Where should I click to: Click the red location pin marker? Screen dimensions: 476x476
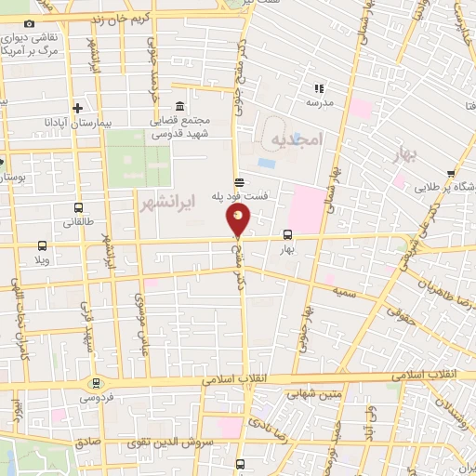pyautogui.click(x=239, y=220)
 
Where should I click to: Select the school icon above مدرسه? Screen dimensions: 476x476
pyautogui.click(x=319, y=89)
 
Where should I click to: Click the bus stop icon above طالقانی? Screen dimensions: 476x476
pyautogui.click(x=76, y=208)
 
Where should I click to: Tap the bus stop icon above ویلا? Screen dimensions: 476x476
pyautogui.click(x=43, y=246)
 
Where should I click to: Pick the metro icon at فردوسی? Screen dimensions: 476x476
pyautogui.click(x=95, y=383)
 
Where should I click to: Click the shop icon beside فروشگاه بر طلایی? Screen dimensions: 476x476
pyautogui.click(x=450, y=173)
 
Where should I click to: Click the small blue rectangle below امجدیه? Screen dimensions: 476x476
pyautogui.click(x=267, y=163)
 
